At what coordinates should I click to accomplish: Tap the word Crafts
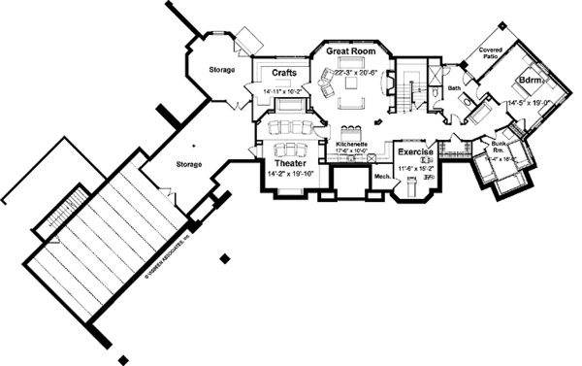click(x=283, y=73)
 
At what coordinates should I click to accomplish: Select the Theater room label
click(x=290, y=165)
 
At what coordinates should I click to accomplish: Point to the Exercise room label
click(x=414, y=153)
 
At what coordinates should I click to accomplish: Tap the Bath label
click(x=454, y=89)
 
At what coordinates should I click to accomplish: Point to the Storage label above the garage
click(x=188, y=164)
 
